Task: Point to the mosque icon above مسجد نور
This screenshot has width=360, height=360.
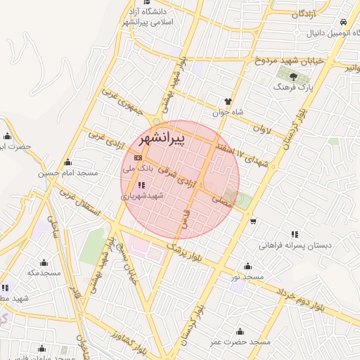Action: (x=247, y=266)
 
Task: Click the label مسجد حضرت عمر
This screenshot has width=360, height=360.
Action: (x=240, y=342)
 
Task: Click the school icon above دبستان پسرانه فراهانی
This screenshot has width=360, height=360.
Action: (x=295, y=234)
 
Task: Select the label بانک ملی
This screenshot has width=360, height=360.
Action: (x=137, y=169)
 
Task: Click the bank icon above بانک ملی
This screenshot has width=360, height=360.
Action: (x=138, y=157)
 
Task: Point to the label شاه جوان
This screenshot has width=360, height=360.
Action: (x=228, y=112)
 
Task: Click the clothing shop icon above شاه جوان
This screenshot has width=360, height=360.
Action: (x=227, y=101)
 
